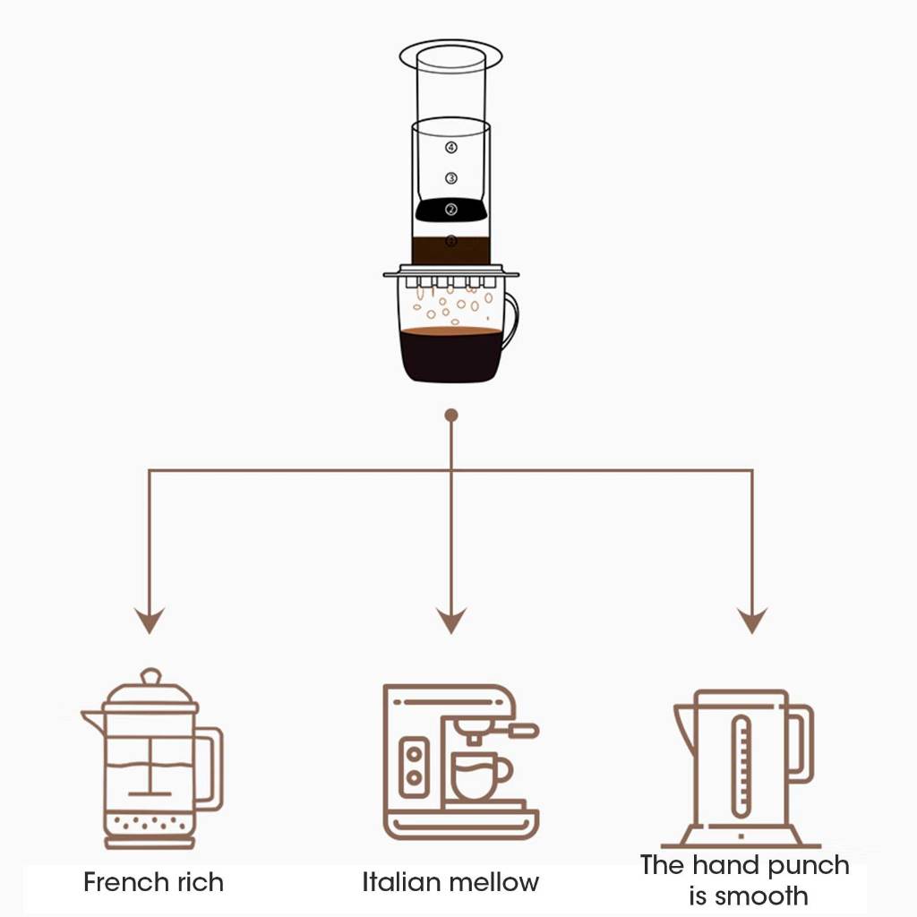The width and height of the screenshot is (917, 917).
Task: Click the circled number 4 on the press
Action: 451,148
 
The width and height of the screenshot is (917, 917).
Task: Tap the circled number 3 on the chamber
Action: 451,178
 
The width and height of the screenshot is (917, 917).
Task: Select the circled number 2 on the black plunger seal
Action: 451,210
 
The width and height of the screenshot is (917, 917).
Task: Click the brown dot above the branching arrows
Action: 451,416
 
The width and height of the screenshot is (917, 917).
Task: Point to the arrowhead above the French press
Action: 150,620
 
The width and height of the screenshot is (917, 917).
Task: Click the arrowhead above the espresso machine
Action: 451,620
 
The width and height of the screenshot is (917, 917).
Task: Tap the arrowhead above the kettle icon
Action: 752,620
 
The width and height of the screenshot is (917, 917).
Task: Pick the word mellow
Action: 489,882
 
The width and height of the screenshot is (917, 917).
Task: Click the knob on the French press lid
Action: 150,676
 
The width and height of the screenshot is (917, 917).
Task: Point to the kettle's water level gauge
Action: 741,766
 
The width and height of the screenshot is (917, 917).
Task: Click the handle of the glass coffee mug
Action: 510,321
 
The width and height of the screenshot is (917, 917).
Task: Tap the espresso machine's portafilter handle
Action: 523,731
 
